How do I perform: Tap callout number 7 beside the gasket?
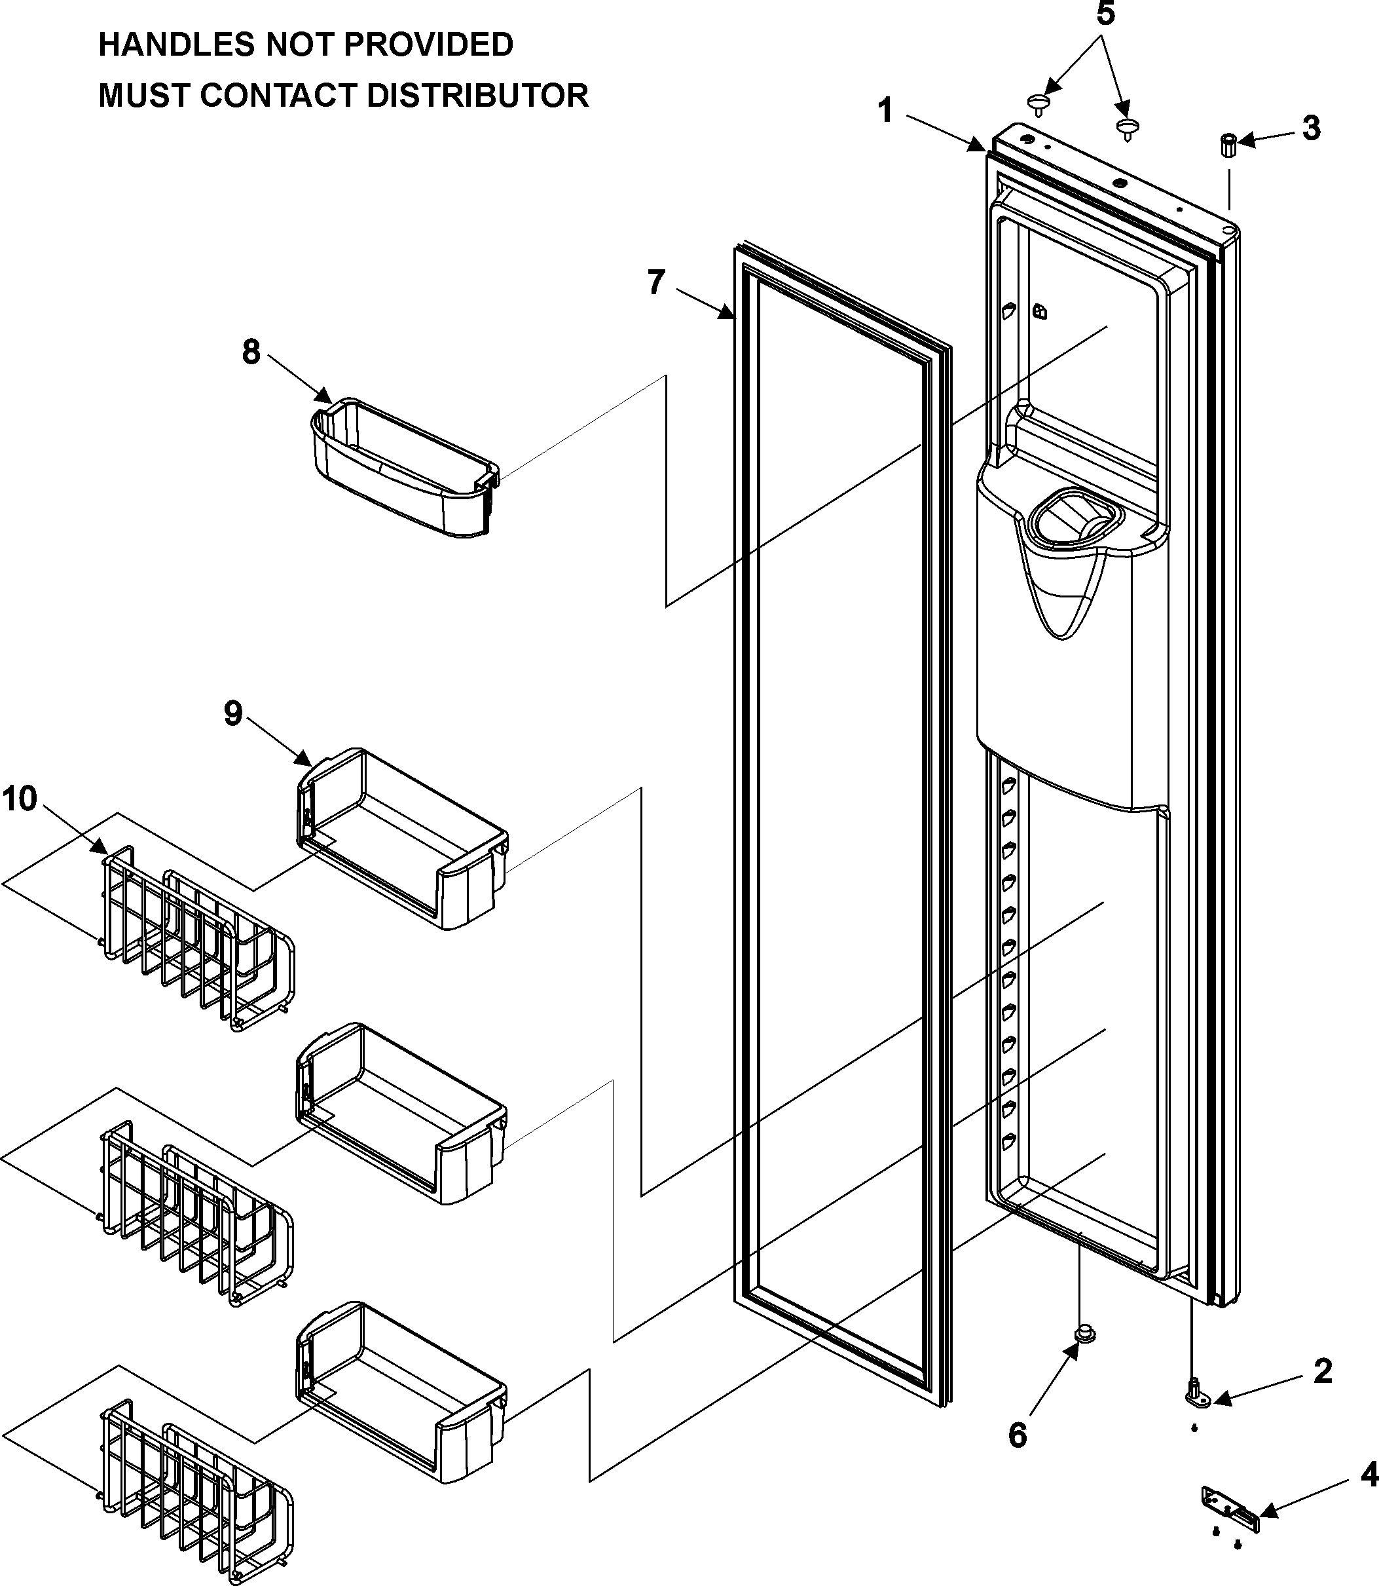pos(655,282)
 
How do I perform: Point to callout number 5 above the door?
pos(1105,14)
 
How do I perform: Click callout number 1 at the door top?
pos(886,110)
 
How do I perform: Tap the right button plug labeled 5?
pos(1128,128)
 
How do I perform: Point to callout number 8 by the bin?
pos(251,352)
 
